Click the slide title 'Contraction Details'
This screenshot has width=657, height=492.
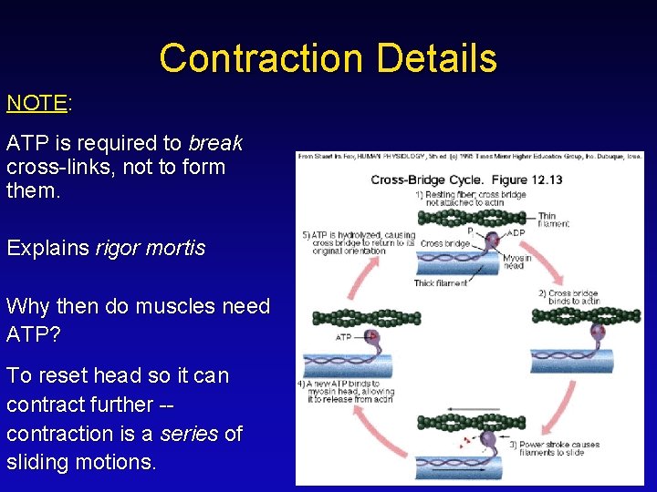pyautogui.click(x=328, y=58)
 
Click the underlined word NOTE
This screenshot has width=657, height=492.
pyautogui.click(x=36, y=103)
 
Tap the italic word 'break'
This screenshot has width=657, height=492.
pyautogui.click(x=215, y=144)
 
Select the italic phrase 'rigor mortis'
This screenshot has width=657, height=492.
pyautogui.click(x=150, y=248)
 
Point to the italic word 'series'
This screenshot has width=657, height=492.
pyautogui.click(x=190, y=434)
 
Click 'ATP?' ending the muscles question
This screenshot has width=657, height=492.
pyautogui.click(x=34, y=335)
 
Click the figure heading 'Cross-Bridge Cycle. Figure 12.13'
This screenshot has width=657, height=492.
pyautogui.click(x=466, y=179)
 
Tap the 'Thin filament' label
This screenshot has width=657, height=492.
pyautogui.click(x=553, y=220)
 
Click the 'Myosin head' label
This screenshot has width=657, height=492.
pyautogui.click(x=516, y=261)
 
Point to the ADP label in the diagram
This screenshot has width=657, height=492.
pyautogui.click(x=516, y=232)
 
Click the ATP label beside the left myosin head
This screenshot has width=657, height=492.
pyautogui.click(x=343, y=337)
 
